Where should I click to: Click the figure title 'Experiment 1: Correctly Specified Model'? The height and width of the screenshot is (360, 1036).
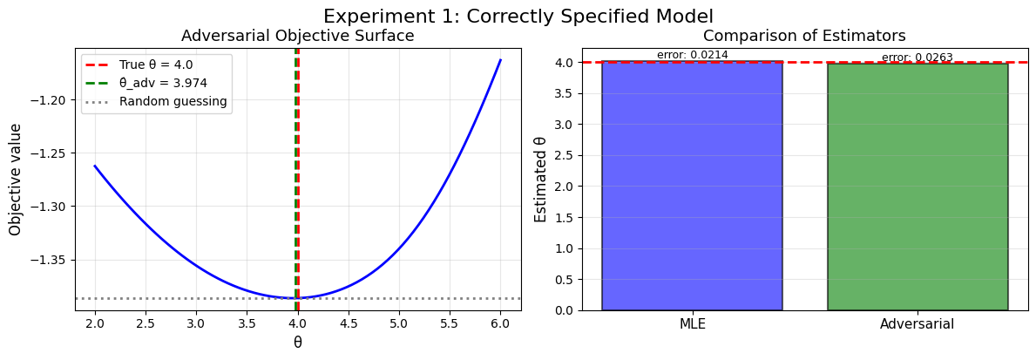click(x=518, y=16)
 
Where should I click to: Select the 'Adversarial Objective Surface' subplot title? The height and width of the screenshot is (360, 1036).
click(x=297, y=36)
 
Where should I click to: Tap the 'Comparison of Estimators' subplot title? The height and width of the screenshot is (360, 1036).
click(x=804, y=36)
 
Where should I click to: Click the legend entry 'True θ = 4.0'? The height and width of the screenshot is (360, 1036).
click(x=155, y=65)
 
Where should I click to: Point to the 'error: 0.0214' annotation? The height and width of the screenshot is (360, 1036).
click(x=692, y=55)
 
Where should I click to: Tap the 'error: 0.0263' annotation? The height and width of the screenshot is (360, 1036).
click(x=917, y=58)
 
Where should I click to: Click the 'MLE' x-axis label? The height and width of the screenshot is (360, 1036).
click(x=692, y=324)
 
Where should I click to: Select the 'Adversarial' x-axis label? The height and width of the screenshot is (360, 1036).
click(x=918, y=324)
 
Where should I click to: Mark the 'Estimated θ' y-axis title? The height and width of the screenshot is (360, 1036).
click(x=540, y=179)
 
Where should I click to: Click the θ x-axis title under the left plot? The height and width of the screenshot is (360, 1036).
click(x=297, y=343)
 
